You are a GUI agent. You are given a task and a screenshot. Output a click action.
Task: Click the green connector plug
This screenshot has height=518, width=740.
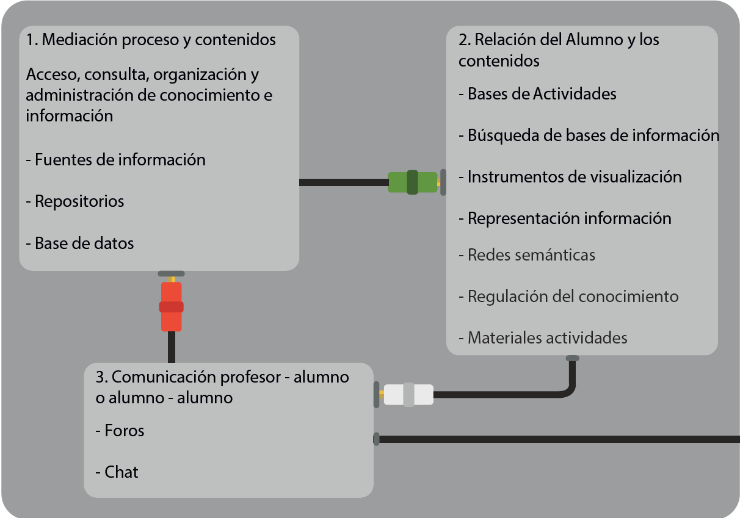(413, 182)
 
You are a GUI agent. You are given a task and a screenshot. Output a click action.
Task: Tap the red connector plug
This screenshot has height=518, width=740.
(171, 306)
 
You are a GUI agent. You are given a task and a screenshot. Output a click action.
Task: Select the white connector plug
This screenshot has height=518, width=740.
(408, 395)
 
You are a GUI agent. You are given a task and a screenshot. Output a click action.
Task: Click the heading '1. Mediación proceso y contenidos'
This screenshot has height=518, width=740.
(151, 40)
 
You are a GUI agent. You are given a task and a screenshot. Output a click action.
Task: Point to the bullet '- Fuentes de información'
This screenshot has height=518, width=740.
(115, 160)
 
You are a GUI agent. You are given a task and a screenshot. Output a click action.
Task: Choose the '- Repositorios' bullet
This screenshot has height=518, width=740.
(75, 201)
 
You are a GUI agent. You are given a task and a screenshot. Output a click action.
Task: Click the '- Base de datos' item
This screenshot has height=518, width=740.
(80, 243)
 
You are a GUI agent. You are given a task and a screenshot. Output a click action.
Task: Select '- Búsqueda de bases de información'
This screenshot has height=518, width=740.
(589, 135)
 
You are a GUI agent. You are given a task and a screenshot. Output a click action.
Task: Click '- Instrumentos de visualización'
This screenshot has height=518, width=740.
(570, 177)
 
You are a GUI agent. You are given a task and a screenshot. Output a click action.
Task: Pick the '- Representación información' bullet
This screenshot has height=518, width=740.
(565, 218)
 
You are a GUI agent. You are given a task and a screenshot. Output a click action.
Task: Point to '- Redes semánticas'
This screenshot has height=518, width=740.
(526, 254)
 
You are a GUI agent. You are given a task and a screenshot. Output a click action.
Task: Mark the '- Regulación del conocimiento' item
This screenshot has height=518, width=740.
(568, 297)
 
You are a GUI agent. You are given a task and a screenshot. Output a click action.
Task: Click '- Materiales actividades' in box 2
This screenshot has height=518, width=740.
(542, 337)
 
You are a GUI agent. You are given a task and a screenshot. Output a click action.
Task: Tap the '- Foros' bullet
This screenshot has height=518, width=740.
(120, 431)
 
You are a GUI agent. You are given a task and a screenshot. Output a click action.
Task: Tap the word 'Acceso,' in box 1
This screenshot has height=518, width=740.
(53, 75)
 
